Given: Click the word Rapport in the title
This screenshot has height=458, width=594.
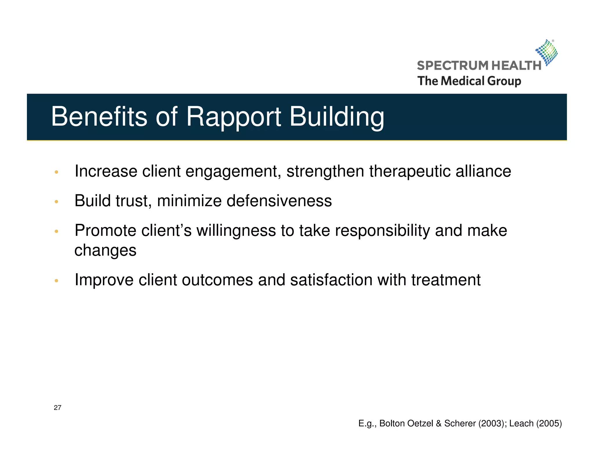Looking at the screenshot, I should [233, 117].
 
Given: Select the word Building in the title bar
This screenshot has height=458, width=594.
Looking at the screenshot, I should [337, 117].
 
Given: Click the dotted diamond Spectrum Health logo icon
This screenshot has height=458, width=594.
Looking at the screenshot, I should [547, 52].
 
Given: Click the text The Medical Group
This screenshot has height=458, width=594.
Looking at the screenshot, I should [469, 81].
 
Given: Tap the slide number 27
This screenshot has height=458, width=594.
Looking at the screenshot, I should [57, 408].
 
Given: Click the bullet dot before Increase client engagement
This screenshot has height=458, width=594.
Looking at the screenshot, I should [57, 172].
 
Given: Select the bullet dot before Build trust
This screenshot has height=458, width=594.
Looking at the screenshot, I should [57, 202].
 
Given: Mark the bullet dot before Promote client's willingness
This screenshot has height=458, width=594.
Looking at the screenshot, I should [57, 231].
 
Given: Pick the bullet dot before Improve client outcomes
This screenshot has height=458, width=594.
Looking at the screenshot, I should [57, 281].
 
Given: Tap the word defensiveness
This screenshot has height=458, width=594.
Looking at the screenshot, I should [279, 201].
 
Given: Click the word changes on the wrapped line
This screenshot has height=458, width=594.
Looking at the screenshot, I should [105, 250].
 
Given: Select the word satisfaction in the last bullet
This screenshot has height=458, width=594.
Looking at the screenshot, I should [331, 280].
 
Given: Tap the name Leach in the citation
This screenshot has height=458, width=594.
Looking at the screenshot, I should [521, 424].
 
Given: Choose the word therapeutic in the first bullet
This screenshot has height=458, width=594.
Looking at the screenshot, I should [410, 171].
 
